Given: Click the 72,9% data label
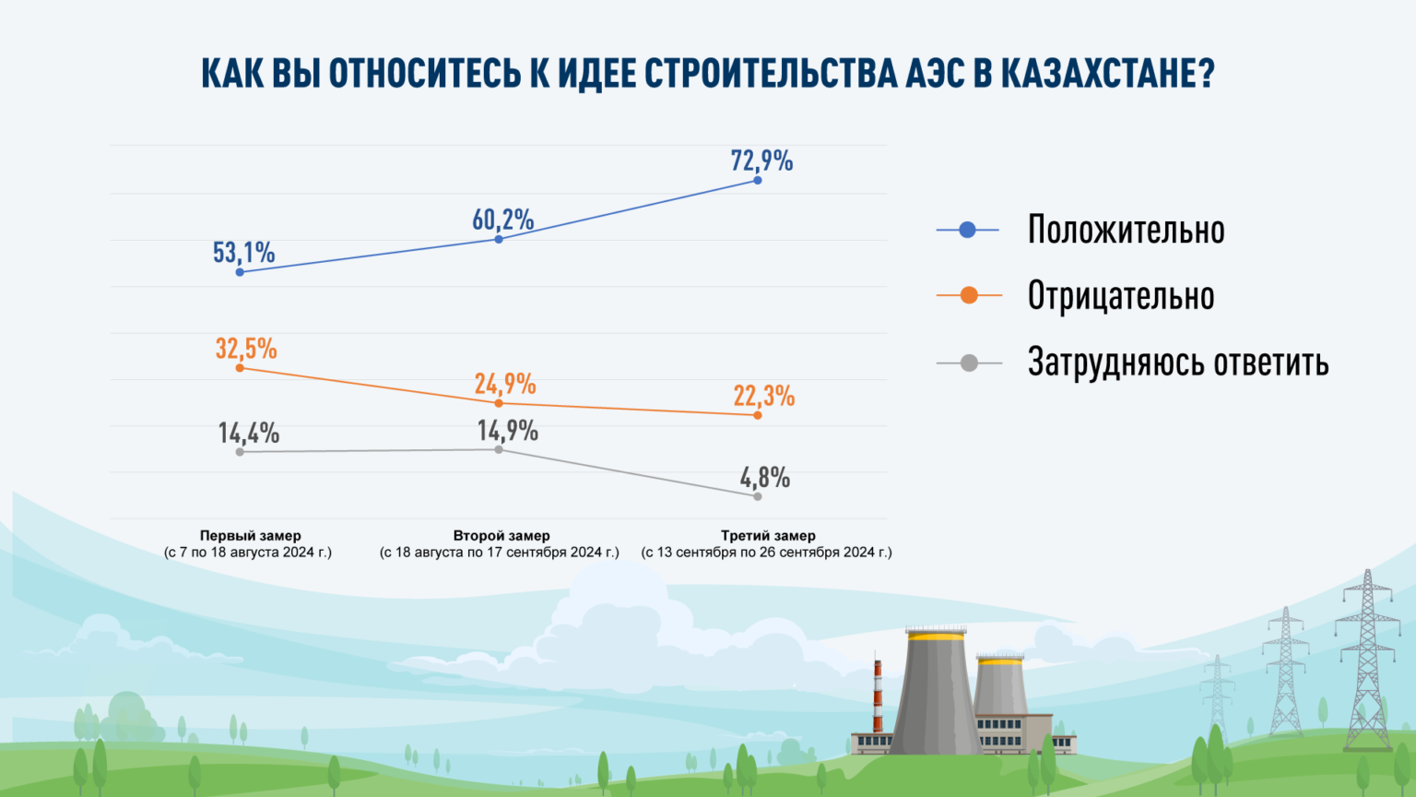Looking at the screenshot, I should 761,161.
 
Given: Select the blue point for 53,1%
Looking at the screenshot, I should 241,272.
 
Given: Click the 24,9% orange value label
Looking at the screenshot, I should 505,384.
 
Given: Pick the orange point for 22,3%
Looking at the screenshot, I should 758,415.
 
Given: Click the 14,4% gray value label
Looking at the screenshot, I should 248,433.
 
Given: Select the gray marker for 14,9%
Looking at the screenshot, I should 499,449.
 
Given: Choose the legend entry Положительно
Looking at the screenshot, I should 1126,230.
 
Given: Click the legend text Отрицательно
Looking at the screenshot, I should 1120,296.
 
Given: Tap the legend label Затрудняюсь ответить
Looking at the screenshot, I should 1177,363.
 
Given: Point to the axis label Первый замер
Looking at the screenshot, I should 250,535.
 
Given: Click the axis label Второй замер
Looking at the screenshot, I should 501,535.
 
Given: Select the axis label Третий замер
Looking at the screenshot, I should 768,535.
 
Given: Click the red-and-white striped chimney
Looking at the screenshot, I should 878,696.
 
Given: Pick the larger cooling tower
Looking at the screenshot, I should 935,692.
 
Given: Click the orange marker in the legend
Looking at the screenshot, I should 969,296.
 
